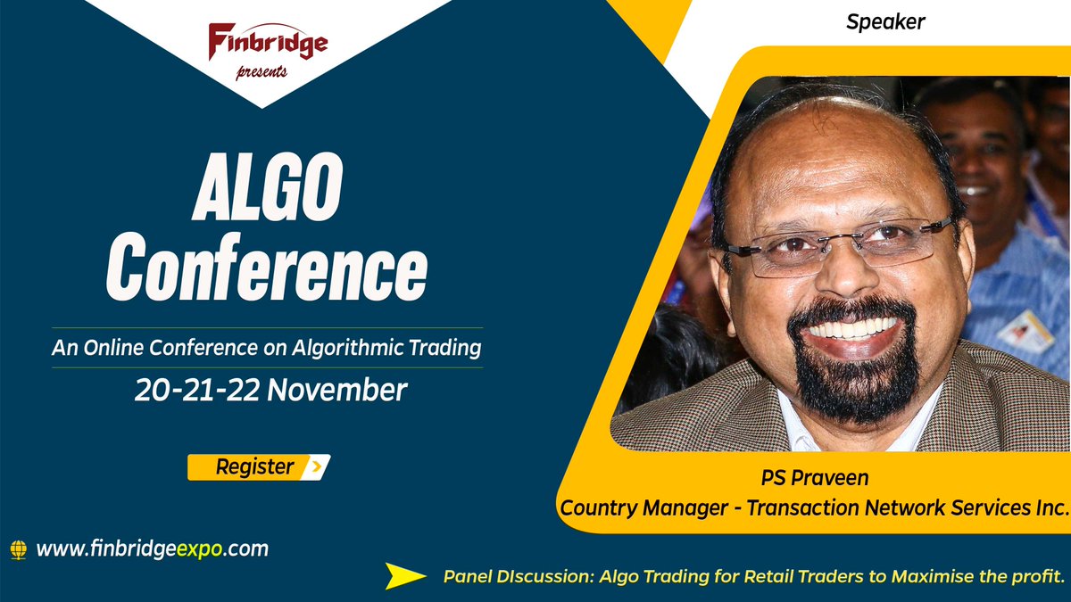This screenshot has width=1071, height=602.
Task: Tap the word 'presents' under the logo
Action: (x=262, y=72)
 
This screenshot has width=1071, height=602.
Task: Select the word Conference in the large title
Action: (x=267, y=266)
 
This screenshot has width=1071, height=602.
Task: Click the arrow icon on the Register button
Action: (x=316, y=466)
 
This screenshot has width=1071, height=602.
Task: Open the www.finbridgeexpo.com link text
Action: (x=153, y=548)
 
